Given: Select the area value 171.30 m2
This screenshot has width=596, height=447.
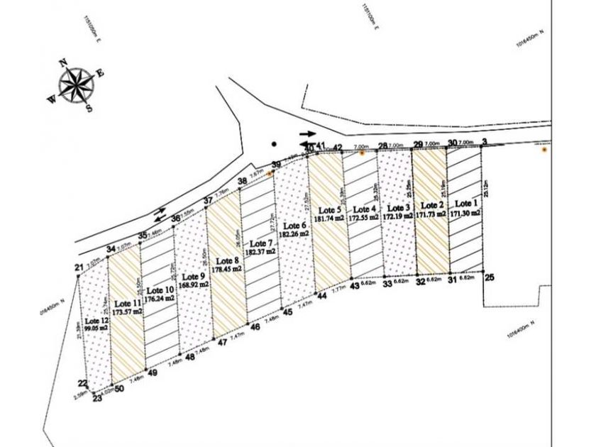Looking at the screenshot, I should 465,211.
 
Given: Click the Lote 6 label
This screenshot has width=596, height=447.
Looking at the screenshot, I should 293,226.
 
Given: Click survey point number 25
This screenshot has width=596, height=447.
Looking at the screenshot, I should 489,278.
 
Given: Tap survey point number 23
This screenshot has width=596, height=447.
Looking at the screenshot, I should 97,398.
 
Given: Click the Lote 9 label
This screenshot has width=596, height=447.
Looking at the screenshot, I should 194,276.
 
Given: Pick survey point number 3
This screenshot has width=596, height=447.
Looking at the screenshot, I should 484,143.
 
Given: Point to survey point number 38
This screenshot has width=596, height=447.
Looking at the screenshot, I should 242,182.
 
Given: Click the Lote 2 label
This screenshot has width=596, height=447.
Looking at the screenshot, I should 431,202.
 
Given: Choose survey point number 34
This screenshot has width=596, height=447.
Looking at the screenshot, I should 111,249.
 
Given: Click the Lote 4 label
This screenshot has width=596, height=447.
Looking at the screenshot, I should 363,209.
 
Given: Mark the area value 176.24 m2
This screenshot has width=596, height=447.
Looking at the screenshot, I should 160,299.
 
